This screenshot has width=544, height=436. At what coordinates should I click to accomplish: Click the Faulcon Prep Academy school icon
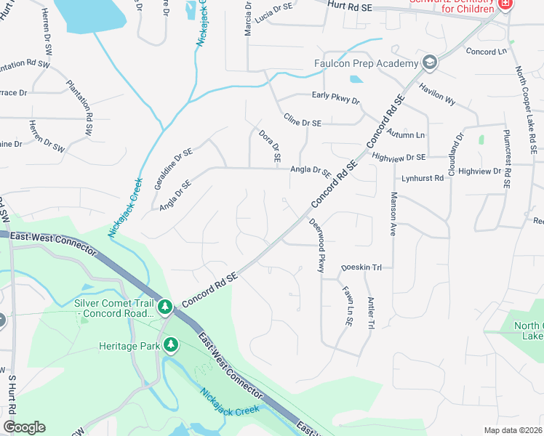(x=429, y=62)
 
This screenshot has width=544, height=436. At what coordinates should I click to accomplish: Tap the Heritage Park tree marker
(x=172, y=346)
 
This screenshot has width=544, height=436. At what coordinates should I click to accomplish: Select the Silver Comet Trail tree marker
(x=166, y=307)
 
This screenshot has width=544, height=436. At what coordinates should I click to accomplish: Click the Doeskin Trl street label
(x=361, y=267)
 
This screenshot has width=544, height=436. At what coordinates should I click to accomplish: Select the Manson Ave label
(x=393, y=214)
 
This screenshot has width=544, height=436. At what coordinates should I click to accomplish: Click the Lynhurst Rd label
(x=423, y=178)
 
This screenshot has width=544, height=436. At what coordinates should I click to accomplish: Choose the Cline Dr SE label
(x=303, y=123)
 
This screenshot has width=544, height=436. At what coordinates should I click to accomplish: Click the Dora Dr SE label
(x=268, y=145)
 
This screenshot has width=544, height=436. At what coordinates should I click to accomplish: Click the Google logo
(x=24, y=427)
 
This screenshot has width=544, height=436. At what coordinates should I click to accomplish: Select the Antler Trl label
(x=370, y=313)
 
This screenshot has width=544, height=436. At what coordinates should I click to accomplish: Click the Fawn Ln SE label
(x=347, y=304)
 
